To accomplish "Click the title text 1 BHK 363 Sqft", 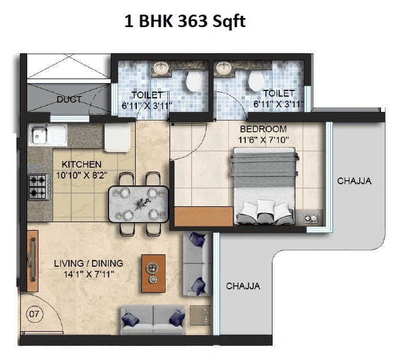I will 185,23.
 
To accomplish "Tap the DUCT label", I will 69,99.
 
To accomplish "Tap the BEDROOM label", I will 263,129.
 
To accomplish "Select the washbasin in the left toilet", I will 159,70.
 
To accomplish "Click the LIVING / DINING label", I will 89,263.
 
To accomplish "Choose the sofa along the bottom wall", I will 153,320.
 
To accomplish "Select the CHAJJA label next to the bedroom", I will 354,181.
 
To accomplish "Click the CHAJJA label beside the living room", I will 243,286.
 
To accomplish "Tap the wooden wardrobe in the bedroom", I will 204,216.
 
